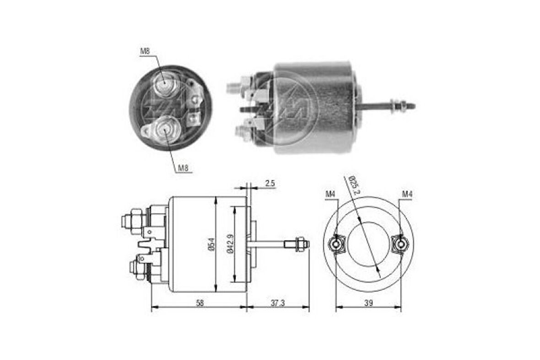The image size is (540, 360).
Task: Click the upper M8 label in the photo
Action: [x=145, y=52]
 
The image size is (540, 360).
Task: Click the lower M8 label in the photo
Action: [x=183, y=168]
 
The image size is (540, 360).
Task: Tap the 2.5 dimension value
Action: [x=270, y=184]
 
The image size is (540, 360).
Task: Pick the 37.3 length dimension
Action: [x=277, y=303]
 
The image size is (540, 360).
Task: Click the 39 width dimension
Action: [x=368, y=303]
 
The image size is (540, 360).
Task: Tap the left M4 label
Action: [x=330, y=195]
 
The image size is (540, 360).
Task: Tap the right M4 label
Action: [x=407, y=195]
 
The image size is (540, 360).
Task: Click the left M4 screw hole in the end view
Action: [x=337, y=244]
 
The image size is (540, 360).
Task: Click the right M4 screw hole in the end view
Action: [x=400, y=244]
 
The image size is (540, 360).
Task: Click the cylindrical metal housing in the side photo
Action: [x=316, y=108]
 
